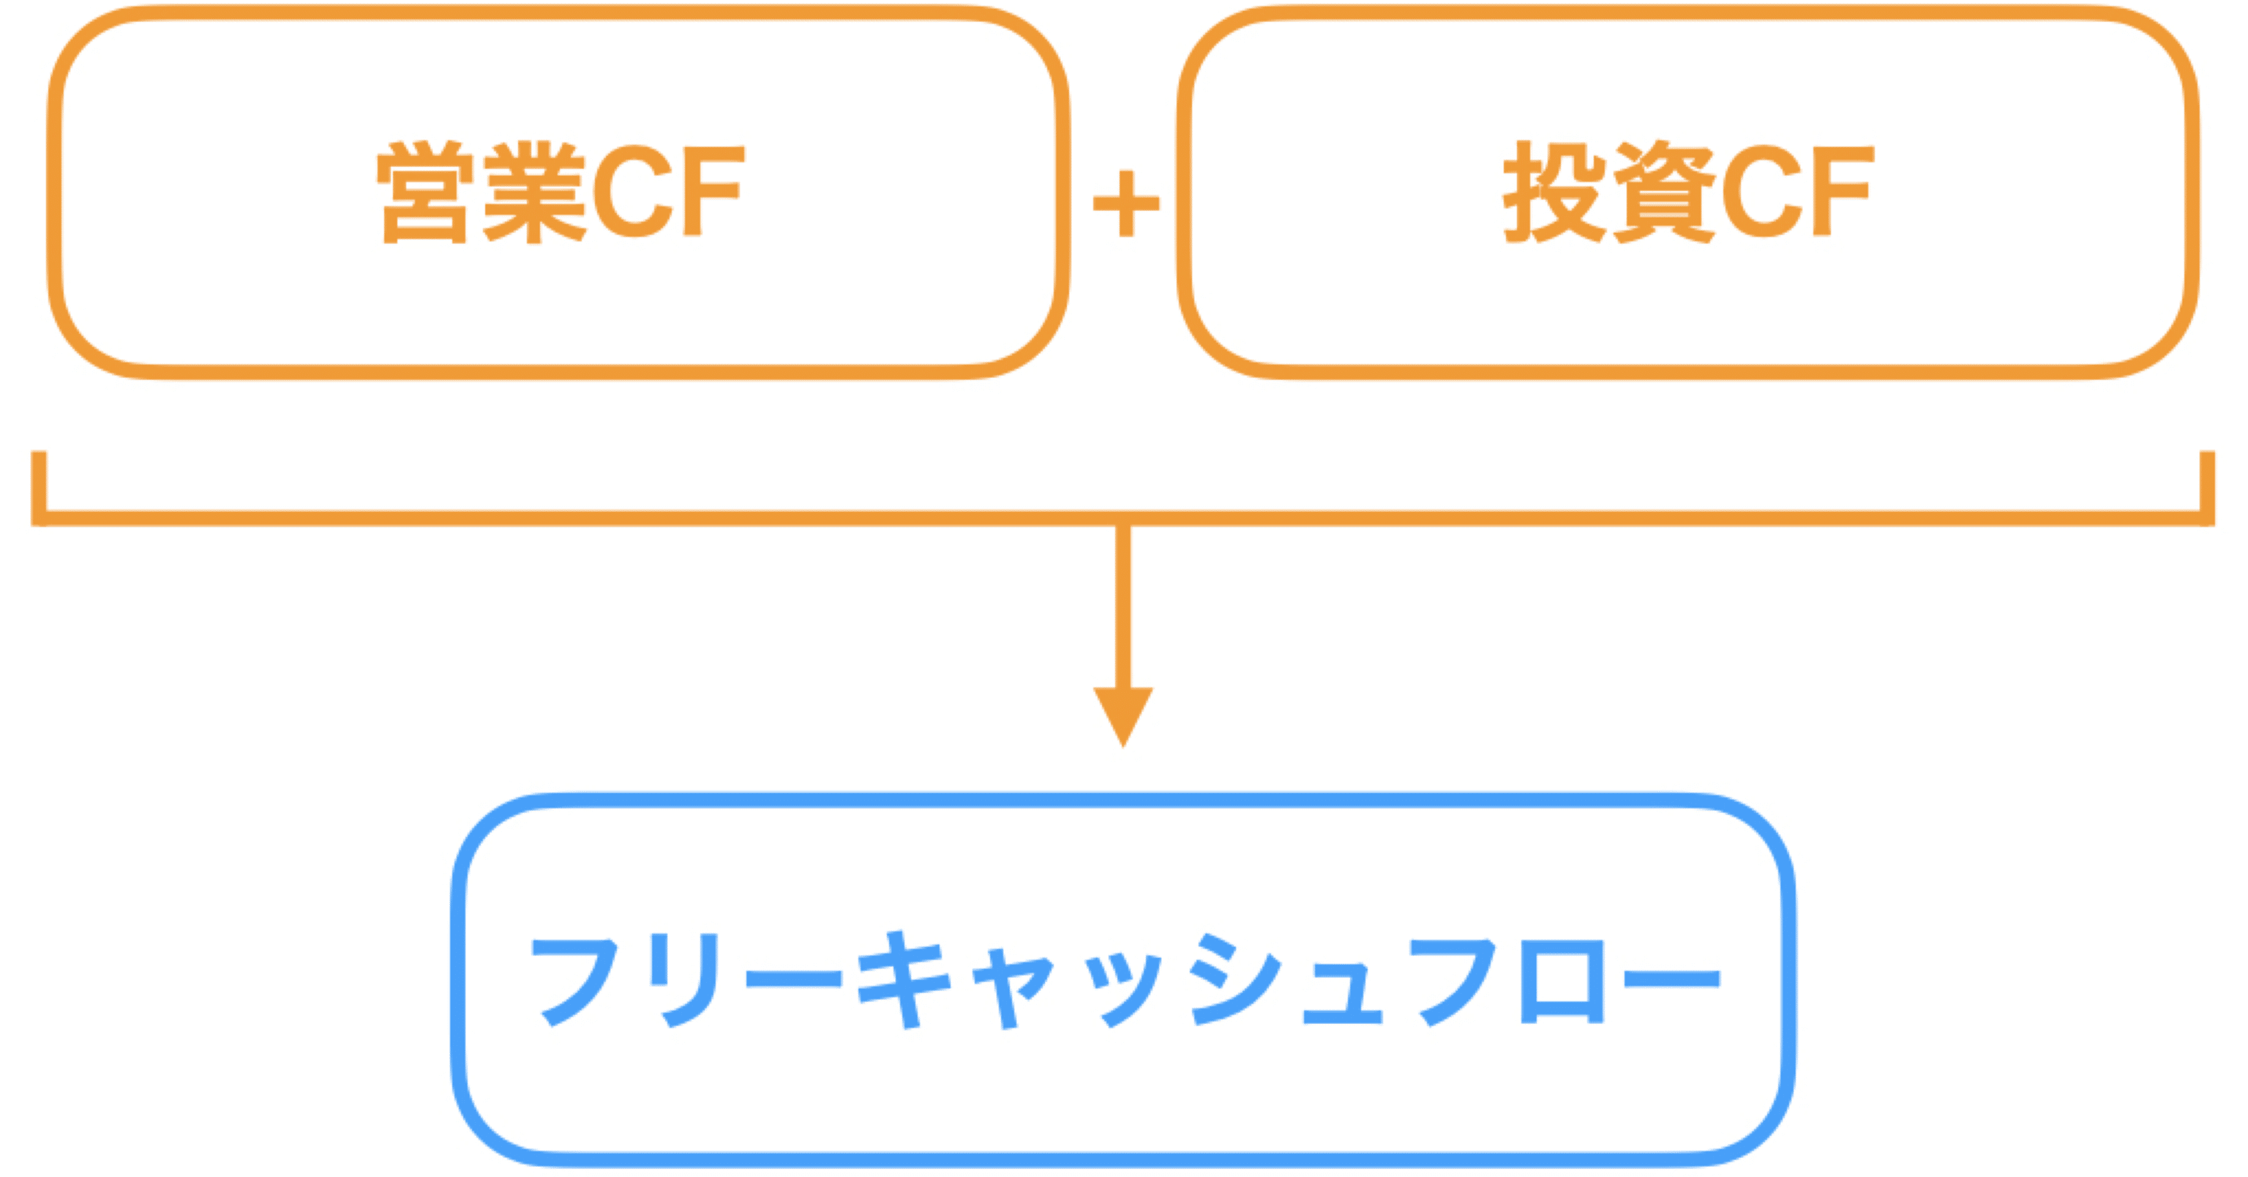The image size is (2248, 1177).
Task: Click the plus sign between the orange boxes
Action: tap(1125, 204)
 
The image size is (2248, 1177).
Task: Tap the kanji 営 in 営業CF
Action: tap(425, 192)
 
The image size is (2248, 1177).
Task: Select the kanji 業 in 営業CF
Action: tap(534, 192)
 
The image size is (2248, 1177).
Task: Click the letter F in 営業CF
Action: tap(712, 192)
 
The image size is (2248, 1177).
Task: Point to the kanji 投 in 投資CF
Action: tap(1554, 192)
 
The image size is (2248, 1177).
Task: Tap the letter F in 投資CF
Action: tap(1841, 192)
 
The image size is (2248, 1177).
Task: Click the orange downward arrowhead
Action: tap(1123, 712)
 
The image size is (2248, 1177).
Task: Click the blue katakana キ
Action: tap(903, 979)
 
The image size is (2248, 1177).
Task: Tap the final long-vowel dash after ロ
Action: tap(1671, 977)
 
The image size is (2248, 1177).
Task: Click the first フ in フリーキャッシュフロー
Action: tap(576, 979)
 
